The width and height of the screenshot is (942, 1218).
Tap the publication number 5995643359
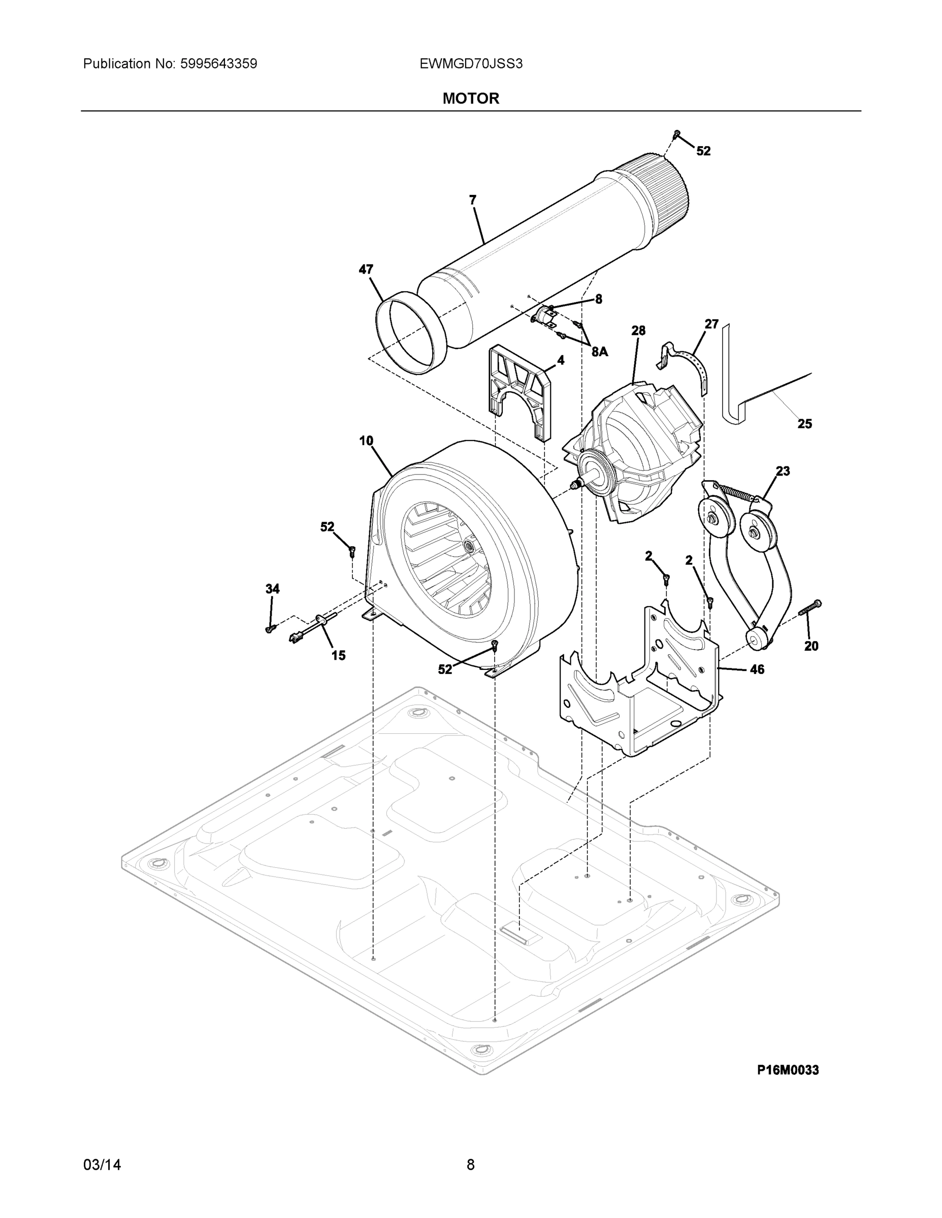click(x=218, y=63)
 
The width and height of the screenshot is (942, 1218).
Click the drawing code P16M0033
click(x=788, y=1070)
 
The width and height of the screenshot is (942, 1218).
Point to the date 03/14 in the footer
click(x=102, y=1165)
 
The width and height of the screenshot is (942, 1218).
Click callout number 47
click(x=366, y=269)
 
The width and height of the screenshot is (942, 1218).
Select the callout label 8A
click(x=599, y=351)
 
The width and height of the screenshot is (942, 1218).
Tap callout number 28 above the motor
click(x=638, y=330)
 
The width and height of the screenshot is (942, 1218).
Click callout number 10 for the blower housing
click(x=366, y=441)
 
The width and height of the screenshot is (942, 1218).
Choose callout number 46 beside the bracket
click(x=756, y=669)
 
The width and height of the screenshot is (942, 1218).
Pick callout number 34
click(x=272, y=588)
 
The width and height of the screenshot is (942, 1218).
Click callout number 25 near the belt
click(x=804, y=424)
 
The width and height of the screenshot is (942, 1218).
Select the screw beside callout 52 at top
click(x=677, y=134)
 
